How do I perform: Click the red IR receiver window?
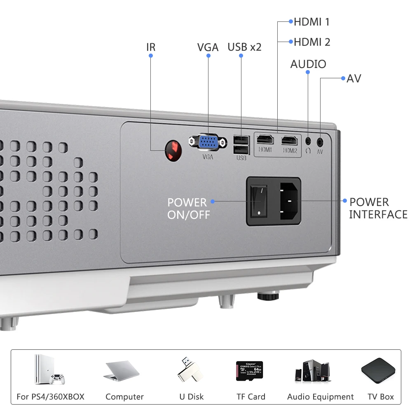point(173,150)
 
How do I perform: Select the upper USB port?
point(241,139)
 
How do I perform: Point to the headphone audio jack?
point(308,140)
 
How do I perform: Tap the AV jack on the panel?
point(320,141)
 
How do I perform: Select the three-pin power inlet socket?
point(288,201)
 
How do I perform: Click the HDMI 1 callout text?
point(311,22)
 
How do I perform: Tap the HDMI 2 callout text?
point(311,42)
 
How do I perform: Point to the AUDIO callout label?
point(308,64)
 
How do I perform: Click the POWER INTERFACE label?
point(378,208)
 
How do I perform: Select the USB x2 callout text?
point(244,47)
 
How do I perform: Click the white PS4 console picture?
point(49,370)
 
